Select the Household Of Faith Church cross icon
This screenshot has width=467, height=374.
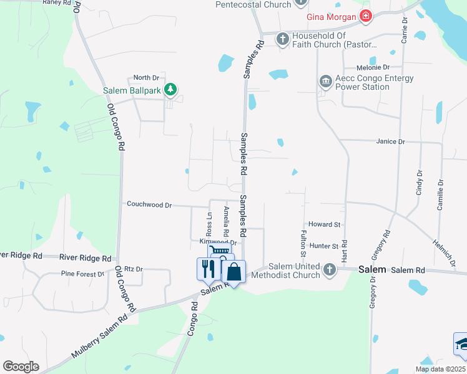point(282,39)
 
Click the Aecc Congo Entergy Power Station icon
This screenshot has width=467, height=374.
point(325,82)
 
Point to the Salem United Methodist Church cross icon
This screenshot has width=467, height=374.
point(330,270)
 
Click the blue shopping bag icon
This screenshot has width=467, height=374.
point(234,271)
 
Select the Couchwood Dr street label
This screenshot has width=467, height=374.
point(149,204)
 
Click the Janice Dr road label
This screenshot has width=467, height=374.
point(391,141)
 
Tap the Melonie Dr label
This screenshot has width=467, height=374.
point(373,67)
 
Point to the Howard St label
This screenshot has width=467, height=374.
point(324,224)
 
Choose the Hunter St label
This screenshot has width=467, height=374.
point(323,247)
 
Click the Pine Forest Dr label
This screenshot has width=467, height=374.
point(82,274)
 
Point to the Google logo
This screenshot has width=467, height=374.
point(21,367)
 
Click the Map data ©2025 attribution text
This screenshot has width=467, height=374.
point(440,369)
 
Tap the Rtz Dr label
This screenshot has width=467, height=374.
point(134,269)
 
